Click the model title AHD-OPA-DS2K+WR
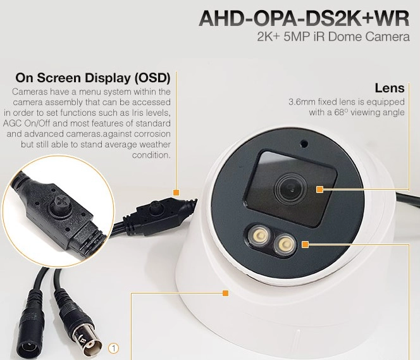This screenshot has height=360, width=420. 304,18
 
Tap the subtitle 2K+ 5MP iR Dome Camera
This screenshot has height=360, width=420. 333,37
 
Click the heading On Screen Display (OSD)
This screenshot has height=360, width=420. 93,78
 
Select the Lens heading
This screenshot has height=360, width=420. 390,88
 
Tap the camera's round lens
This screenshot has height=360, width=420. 291,189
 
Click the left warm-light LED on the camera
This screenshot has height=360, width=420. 260,236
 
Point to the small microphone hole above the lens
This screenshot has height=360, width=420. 304,144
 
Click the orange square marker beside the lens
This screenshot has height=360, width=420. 319,189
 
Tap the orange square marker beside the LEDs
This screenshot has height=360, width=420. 306,244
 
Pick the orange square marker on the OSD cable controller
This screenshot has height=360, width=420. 176,192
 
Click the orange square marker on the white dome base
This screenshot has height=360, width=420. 226,293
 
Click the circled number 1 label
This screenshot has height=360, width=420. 114,348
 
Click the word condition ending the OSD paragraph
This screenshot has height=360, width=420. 151,155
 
